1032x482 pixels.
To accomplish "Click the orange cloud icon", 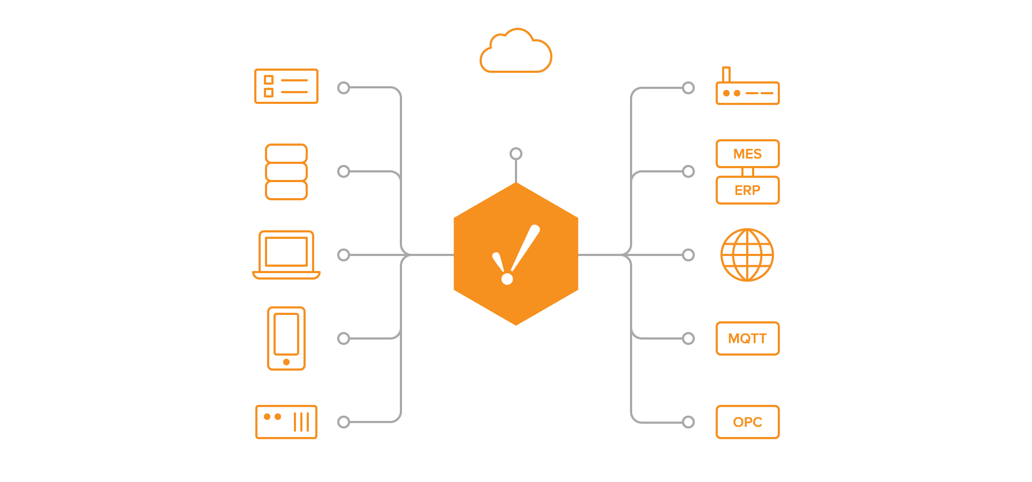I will click(x=515, y=52).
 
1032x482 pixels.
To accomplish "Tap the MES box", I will click(x=747, y=154).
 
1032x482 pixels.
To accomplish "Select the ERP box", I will click(x=747, y=190).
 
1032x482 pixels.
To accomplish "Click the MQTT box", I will click(x=747, y=338).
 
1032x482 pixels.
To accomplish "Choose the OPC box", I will click(x=747, y=422).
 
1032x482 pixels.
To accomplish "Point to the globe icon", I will click(x=747, y=255).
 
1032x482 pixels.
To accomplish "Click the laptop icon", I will click(x=286, y=255).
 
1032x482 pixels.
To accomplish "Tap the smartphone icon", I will click(x=286, y=338).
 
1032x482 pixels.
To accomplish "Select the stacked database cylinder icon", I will click(x=286, y=172).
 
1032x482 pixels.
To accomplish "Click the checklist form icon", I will click(x=286, y=86).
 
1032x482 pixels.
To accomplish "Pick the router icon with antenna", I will click(x=747, y=92).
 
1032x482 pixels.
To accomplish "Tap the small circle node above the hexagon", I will click(x=516, y=154).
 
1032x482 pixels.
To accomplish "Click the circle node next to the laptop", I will click(x=344, y=255).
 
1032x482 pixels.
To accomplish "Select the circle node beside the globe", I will click(x=688, y=255).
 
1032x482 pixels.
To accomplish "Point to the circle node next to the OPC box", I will click(x=688, y=422).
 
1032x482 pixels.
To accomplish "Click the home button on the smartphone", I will click(x=286, y=362).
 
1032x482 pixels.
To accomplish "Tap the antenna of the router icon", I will click(x=726, y=74).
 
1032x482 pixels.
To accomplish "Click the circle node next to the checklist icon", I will click(x=344, y=88).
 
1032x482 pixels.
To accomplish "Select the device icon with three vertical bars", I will click(x=286, y=422).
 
